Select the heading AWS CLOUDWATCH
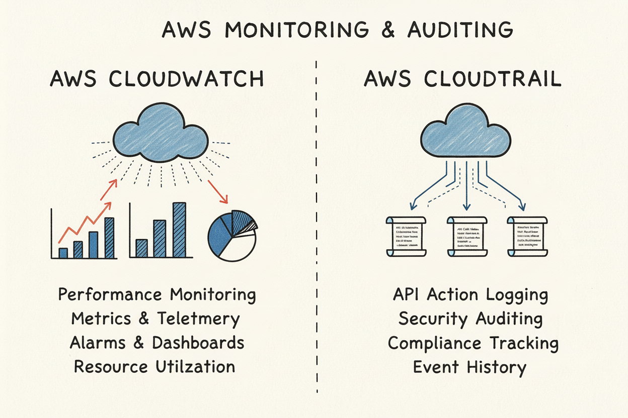coord(156,79)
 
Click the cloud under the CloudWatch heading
coord(161,133)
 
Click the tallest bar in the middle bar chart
coord(179,230)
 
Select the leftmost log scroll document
coord(406,236)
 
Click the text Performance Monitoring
coord(156,294)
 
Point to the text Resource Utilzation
coord(154,366)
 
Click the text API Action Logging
coord(470,295)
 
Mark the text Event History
coord(469,367)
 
